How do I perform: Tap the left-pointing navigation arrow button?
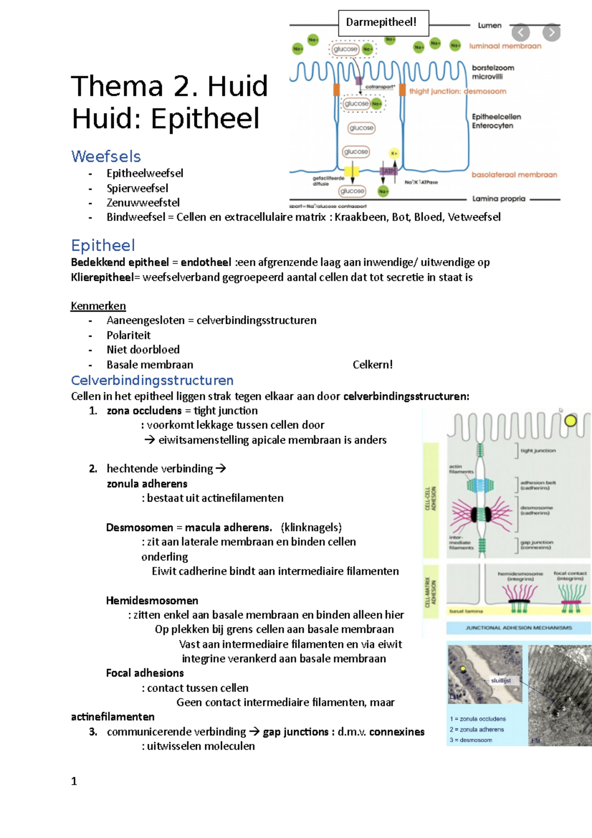pos(520,33)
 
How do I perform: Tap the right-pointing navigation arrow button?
pos(551,33)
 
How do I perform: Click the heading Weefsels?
pos(106,156)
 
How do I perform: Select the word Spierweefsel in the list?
pos(137,188)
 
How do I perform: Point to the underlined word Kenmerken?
pos(98,306)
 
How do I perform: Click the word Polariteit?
pos(128,335)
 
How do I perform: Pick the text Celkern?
pos(372,365)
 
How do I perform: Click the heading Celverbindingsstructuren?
pos(152,381)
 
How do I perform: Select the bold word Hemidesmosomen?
pos(152,601)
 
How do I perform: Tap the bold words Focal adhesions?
pos(145,673)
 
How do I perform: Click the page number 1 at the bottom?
pos(74,781)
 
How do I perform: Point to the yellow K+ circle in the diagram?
pos(394,153)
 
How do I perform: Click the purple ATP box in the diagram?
pos(389,171)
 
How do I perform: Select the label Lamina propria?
pos(498,199)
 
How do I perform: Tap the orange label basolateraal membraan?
pos(514,175)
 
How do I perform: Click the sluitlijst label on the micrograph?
pos(501,681)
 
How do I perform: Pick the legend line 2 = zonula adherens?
pos(477,729)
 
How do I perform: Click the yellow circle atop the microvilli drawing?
pos(570,421)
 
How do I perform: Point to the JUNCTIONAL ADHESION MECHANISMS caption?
pos(519,628)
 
